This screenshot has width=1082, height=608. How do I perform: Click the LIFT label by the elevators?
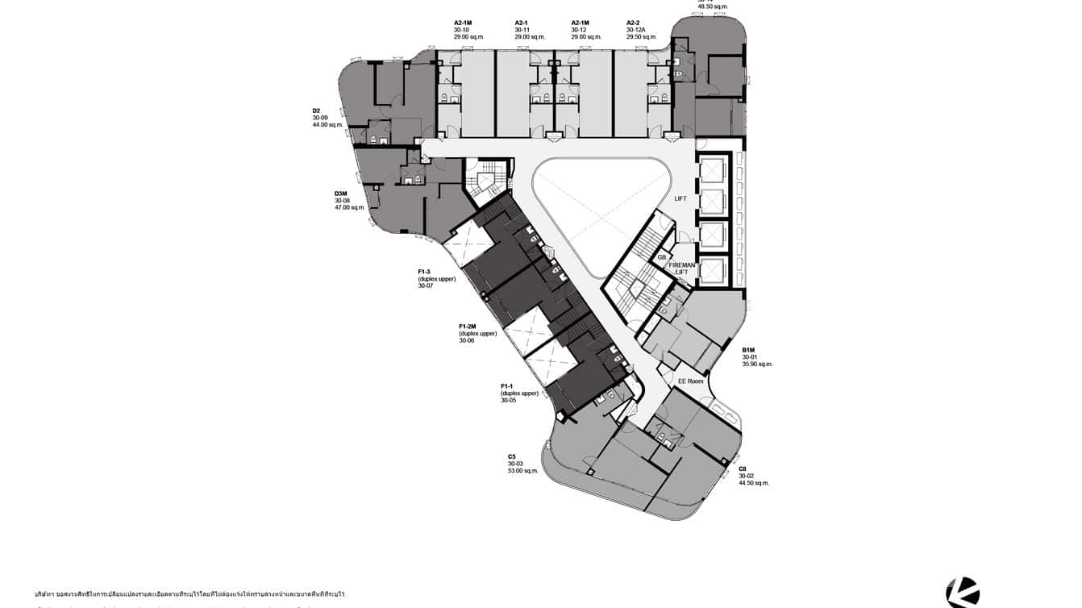[680, 198]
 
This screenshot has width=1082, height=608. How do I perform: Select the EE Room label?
[690, 381]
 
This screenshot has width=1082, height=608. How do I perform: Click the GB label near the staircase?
[662, 257]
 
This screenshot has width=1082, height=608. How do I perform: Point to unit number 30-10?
[461, 30]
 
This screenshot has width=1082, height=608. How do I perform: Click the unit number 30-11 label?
[522, 30]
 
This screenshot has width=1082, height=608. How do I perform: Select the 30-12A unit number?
[636, 30]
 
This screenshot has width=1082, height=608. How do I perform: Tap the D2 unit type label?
[317, 110]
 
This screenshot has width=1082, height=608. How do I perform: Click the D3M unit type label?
[341, 194]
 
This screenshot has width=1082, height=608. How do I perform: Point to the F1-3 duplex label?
[424, 272]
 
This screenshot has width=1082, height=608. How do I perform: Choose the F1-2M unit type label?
[468, 326]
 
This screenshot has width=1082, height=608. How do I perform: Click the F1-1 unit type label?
[508, 386]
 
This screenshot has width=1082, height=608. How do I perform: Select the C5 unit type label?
[512, 456]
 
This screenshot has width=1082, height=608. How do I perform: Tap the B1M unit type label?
[749, 350]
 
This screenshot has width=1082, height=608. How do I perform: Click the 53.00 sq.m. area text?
[522, 471]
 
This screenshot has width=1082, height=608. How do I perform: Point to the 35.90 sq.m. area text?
[757, 364]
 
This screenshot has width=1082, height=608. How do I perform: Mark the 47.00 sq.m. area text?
[350, 208]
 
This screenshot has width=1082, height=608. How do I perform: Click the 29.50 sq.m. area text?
[642, 37]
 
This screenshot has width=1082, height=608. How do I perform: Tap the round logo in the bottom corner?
[963, 593]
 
